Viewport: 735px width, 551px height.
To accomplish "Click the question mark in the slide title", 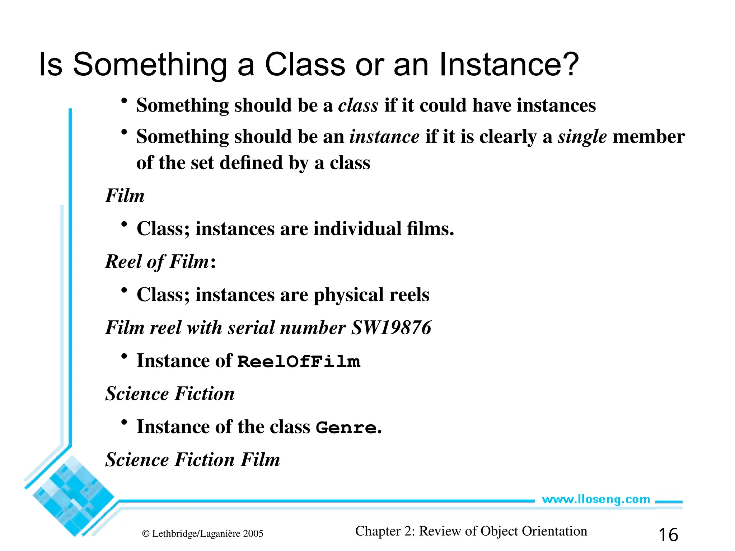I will click(x=568, y=65).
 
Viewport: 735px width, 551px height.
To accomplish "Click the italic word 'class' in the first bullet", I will click(x=358, y=106).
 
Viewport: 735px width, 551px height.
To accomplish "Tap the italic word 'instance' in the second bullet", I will click(x=384, y=137).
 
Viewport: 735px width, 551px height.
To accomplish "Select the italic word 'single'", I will click(x=582, y=137).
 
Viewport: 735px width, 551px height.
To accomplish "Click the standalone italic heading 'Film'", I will click(x=125, y=196).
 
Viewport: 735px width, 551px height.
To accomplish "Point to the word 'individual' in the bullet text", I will click(x=357, y=229).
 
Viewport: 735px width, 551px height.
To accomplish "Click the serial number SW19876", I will click(x=391, y=328).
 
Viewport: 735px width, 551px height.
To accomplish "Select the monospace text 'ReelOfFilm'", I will click(x=299, y=362).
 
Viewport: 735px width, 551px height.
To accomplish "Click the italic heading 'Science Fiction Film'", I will click(x=192, y=460).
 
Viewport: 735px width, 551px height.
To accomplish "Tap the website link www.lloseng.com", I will click(x=596, y=499).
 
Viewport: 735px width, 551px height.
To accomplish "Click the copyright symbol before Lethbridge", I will click(x=146, y=534).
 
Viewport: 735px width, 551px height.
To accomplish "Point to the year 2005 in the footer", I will click(x=253, y=534).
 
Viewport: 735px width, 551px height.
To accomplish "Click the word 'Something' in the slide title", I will click(x=150, y=65).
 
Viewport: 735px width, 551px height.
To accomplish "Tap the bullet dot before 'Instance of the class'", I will click(x=124, y=423).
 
